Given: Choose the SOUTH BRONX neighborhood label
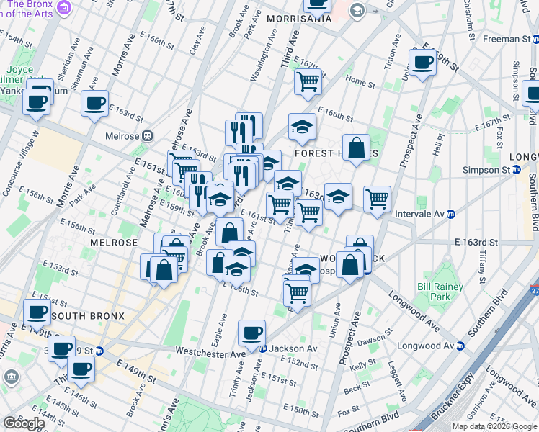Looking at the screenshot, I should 87,316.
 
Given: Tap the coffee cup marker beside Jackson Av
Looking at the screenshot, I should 252,333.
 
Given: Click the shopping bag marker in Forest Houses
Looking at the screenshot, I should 356,148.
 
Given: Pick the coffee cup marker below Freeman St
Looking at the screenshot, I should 423,61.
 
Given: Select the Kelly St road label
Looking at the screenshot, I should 358,367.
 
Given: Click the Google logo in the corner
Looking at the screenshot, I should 24,423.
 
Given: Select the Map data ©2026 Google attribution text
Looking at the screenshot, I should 495,426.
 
